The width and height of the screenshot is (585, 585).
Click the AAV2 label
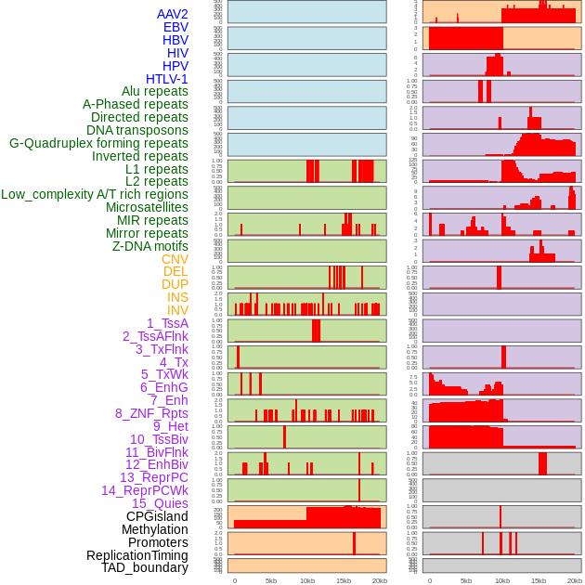click(173, 15)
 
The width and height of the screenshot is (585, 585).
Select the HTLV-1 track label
click(167, 79)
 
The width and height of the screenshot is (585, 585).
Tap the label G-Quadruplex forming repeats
click(98, 143)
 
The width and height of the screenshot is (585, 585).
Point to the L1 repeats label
click(157, 169)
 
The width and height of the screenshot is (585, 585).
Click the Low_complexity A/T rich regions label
click(95, 194)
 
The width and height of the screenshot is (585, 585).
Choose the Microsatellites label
click(147, 207)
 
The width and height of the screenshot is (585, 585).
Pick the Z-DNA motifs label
click(150, 246)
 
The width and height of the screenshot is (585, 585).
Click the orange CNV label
click(175, 259)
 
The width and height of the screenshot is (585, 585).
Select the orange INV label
click(177, 310)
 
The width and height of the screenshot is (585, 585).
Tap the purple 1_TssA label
click(167, 323)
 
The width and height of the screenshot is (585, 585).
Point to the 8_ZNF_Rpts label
click(151, 413)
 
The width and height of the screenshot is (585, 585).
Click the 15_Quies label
click(160, 503)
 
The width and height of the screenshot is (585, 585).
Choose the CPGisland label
click(157, 516)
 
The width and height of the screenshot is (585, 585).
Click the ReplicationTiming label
click(137, 555)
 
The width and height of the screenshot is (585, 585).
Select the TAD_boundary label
click(145, 567)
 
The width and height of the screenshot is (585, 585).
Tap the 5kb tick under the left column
click(271, 580)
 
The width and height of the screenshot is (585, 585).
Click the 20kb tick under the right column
click(575, 580)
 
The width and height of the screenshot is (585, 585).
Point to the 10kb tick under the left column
click(306, 580)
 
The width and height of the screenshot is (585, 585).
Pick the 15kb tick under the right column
click(539, 580)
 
